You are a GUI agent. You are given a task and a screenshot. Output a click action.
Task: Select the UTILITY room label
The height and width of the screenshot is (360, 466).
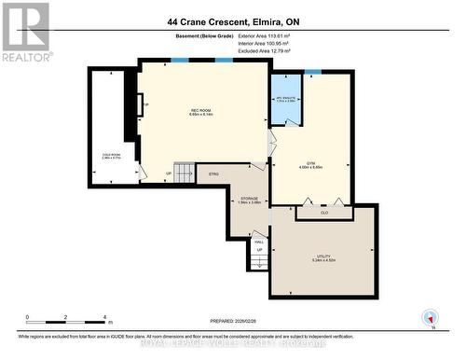click(x=323, y=244)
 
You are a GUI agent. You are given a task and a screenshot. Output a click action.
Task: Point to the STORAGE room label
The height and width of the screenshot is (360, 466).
click(x=247, y=199)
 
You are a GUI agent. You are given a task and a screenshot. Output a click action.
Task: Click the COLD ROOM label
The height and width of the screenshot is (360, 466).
click(x=112, y=155)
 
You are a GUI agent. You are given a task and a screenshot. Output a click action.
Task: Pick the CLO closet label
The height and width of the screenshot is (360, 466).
click(x=324, y=213)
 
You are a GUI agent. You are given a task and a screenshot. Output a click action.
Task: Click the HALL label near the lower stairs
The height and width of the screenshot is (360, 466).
click(x=259, y=242)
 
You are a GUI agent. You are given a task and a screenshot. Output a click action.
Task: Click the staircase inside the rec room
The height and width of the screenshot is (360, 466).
click(x=185, y=173)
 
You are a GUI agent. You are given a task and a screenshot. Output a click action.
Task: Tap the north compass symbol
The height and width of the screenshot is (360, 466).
click(x=430, y=317)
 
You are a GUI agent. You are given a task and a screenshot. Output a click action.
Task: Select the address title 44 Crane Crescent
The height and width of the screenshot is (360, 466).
click(x=233, y=21)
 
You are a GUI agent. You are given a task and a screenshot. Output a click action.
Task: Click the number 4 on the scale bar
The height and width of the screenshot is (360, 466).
click(x=104, y=317)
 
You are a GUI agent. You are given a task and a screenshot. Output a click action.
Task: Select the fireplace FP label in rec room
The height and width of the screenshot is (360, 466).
click(x=144, y=105)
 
